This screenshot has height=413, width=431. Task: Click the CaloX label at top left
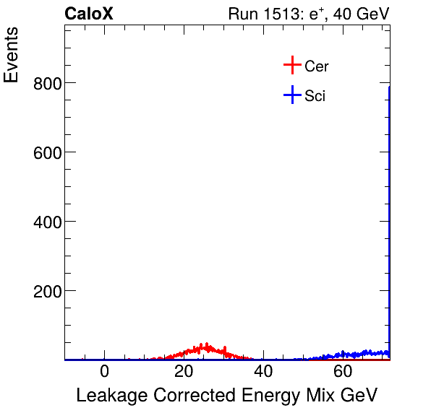coord(88,14)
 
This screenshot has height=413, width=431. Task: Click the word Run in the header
coord(242,14)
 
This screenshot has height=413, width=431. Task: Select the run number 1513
coord(285,14)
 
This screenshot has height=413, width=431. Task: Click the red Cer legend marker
coord(291,66)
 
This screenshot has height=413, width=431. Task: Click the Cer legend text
coord(317,66)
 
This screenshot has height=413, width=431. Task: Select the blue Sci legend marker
coord(291,95)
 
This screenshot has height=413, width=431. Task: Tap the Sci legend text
coord(315,96)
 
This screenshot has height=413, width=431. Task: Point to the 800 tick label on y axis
coord(46,83)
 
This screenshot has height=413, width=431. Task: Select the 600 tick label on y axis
coord(46,152)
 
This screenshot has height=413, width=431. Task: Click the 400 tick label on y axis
coord(46,222)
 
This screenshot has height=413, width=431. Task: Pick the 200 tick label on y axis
coord(46,291)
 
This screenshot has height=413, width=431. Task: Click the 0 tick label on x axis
coord(105,372)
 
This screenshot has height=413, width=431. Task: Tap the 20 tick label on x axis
coord(184,372)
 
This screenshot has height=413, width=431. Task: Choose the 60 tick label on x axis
coord(343,372)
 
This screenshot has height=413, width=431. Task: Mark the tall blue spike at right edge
coord(389,217)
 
